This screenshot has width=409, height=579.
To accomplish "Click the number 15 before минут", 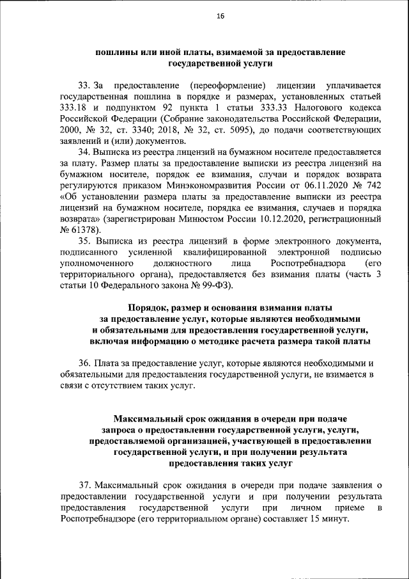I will tap(315, 519).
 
